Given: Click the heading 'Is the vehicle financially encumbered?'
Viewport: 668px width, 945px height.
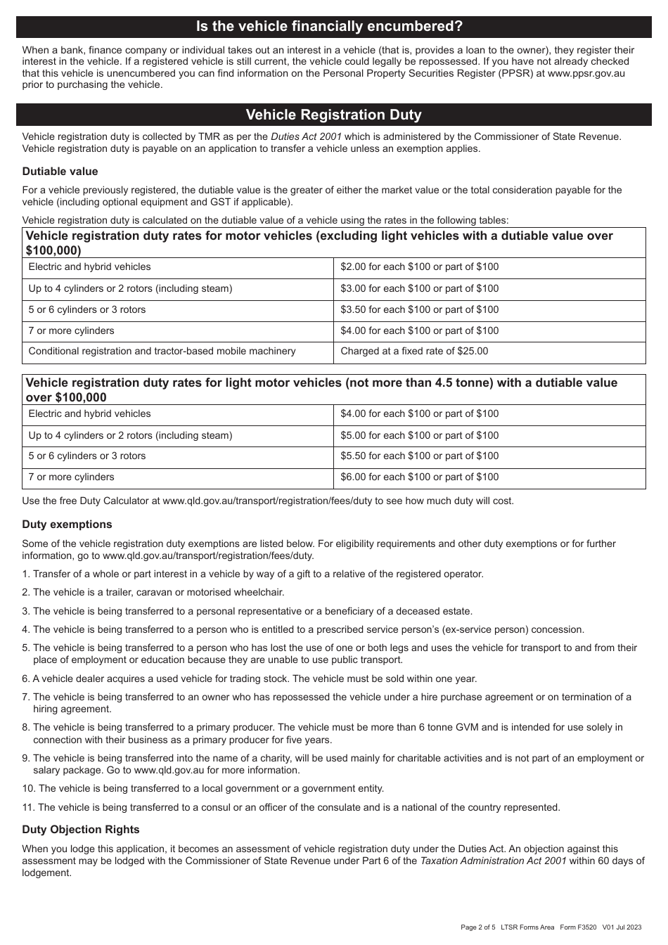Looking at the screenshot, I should (x=329, y=27).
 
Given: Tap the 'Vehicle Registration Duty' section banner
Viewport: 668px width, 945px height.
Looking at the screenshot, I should (x=333, y=115).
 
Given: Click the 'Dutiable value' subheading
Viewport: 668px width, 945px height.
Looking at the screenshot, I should (x=60, y=172).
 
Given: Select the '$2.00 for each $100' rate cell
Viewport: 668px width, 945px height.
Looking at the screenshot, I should (x=419, y=267).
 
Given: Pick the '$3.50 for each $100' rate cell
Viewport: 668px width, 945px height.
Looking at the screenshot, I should (x=419, y=310).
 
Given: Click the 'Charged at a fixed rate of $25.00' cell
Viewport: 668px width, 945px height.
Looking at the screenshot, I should (x=414, y=352).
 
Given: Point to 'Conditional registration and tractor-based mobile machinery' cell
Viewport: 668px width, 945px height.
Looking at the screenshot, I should (x=162, y=352).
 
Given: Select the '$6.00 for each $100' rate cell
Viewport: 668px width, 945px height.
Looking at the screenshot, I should (x=419, y=477).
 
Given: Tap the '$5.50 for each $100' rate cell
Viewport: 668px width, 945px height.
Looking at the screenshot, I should (x=419, y=456).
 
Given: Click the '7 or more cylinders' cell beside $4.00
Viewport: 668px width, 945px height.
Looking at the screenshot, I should (x=71, y=331).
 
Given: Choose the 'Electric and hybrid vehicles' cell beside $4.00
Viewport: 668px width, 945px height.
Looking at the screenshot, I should (x=89, y=414).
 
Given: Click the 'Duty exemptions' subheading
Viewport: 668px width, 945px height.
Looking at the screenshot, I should (x=67, y=525).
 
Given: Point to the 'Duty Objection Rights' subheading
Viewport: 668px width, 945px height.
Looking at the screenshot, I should (x=81, y=830).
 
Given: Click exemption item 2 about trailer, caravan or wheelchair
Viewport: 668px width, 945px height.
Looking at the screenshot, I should (x=153, y=593).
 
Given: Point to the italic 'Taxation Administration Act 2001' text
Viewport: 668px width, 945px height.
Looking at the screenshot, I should (x=493, y=861).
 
